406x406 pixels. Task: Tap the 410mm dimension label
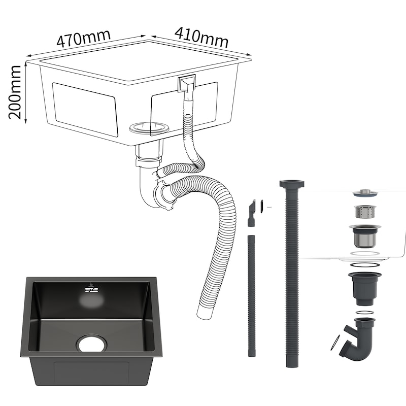point(201,37)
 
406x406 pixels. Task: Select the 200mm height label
point(15,92)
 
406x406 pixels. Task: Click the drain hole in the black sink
point(92,343)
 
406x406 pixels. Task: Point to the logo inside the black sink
point(91,288)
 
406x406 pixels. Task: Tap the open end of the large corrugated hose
point(206,313)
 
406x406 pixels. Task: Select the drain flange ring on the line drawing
point(149,127)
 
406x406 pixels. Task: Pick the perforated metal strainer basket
point(365,212)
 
